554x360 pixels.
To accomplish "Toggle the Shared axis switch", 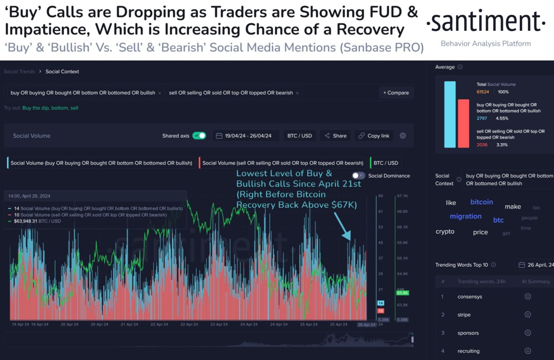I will coord(199,135).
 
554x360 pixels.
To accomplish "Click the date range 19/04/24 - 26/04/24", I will coord(247,136).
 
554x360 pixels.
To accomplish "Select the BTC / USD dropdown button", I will coord(299,136).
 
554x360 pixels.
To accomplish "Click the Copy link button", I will coord(374,136).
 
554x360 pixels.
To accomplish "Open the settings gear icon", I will coord(403,136).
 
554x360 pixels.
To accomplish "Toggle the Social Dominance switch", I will coord(358,176).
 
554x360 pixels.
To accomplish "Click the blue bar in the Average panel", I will coord(450,115).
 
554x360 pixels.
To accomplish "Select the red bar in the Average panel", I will coord(463,124).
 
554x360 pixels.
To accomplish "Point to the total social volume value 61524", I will coord(483,92).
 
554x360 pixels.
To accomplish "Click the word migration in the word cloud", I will coord(465,216).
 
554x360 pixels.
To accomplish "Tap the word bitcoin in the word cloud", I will coord(482,202).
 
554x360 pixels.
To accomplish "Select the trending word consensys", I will coord(469,297).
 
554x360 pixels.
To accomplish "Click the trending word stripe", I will coord(464,315).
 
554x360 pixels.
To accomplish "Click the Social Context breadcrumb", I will coord(62,72).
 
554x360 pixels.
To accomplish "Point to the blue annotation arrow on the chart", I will coord(342,226).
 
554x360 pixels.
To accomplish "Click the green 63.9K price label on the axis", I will coord(402,293).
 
